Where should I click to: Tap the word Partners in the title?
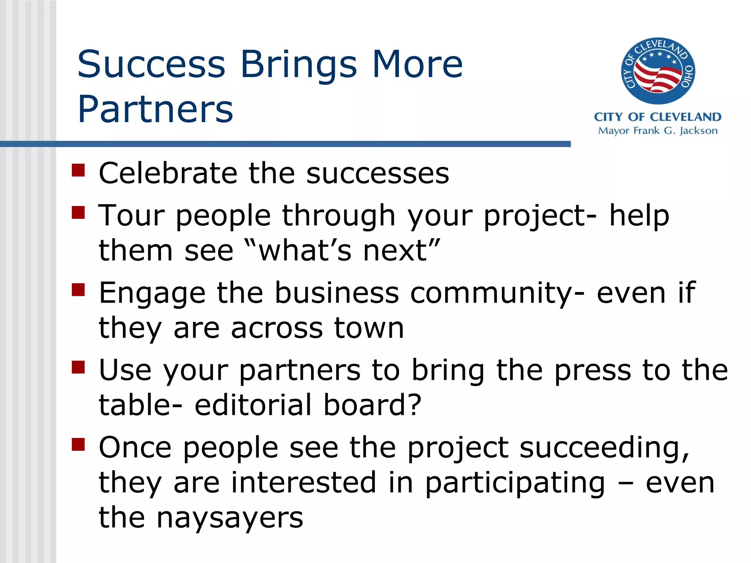155,109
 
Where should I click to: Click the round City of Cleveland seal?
657,71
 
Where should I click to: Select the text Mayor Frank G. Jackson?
657,131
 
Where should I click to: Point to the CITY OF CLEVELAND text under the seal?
657,117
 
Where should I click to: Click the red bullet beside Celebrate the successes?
78,170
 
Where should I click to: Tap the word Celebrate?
168,173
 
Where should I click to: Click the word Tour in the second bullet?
131,215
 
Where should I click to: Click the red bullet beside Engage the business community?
78,290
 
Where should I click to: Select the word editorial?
253,405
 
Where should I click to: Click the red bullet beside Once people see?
78,444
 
